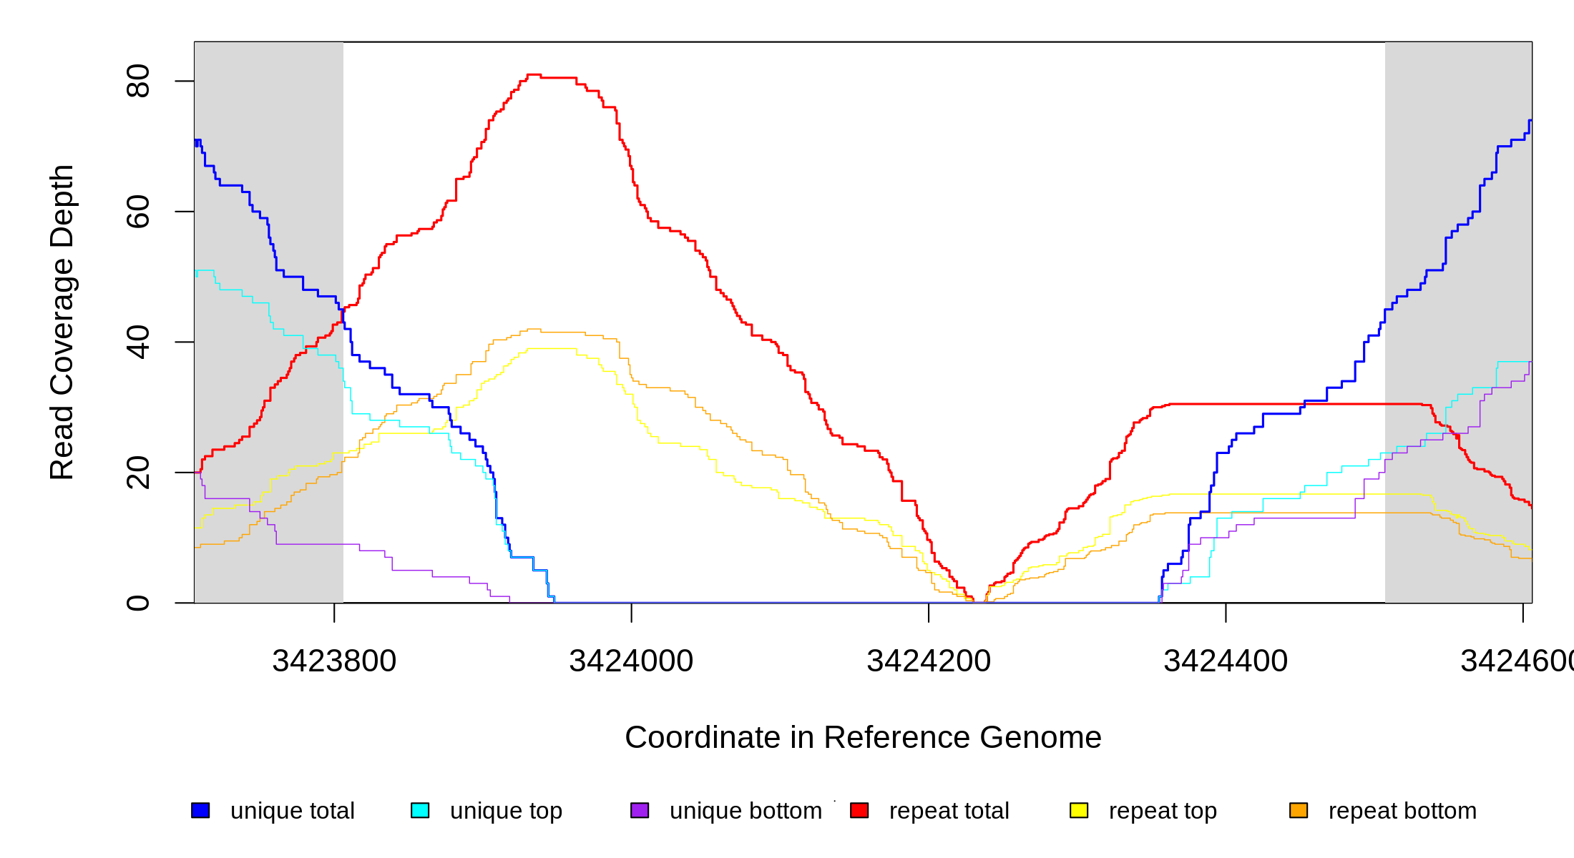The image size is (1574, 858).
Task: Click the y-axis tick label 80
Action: coord(137,81)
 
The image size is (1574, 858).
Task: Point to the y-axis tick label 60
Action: coord(137,212)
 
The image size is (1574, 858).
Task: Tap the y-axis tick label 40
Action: coord(137,342)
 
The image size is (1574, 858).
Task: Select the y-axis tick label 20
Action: coord(137,473)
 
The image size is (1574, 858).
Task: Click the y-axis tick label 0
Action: coord(137,603)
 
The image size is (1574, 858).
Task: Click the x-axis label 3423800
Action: coord(334,661)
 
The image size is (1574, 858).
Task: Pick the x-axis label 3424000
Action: coord(631,661)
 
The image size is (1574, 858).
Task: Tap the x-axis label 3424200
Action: coord(929,661)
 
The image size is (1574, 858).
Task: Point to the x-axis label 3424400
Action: coord(1226,661)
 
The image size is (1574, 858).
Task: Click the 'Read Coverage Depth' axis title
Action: coord(62,322)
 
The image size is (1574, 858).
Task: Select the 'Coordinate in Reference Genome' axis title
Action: coord(863,737)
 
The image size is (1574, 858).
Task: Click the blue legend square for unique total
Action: coord(200,810)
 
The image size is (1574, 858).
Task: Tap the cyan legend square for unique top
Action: coord(420,810)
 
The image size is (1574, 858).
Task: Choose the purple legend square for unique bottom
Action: coord(640,810)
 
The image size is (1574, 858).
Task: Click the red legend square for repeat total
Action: coord(859,810)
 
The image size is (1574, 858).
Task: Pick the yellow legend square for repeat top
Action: coord(1079,810)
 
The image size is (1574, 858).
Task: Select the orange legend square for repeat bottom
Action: coord(1299,810)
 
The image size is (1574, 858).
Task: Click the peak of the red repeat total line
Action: coord(534,74)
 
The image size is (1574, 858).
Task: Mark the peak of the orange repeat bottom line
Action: coord(534,330)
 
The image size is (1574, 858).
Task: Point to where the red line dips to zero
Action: coord(979,602)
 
